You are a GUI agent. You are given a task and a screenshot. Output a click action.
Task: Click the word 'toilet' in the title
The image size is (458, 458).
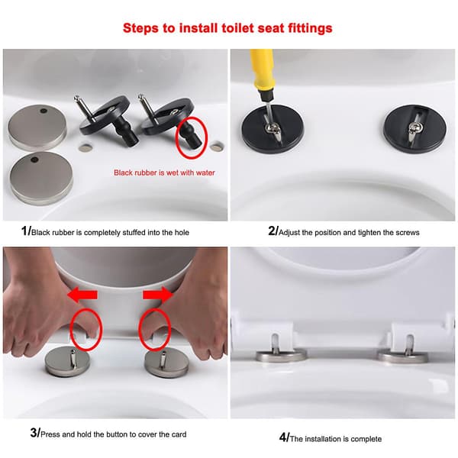(237, 28)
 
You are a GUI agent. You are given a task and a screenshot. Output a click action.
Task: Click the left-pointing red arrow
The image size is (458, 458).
(82, 295)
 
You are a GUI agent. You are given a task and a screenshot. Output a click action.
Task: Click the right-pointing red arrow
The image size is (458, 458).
(158, 295)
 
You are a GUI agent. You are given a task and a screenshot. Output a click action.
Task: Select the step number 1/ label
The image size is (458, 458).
(26, 231)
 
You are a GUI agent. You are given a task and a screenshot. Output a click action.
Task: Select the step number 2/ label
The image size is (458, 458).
(273, 231)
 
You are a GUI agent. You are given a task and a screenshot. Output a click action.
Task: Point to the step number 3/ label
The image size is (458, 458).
(35, 433)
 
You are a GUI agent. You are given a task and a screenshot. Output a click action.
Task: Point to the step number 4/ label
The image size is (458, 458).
(284, 437)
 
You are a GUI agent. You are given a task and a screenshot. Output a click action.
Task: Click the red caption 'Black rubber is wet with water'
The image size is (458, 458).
(164, 173)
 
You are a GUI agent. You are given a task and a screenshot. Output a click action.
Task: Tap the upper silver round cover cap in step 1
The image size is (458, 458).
(37, 127)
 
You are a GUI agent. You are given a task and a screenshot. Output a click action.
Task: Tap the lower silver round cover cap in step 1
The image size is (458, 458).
(41, 178)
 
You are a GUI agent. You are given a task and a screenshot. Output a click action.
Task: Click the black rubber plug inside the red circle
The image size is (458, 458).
(190, 135)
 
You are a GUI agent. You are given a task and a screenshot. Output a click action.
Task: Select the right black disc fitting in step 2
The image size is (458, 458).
(414, 129)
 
